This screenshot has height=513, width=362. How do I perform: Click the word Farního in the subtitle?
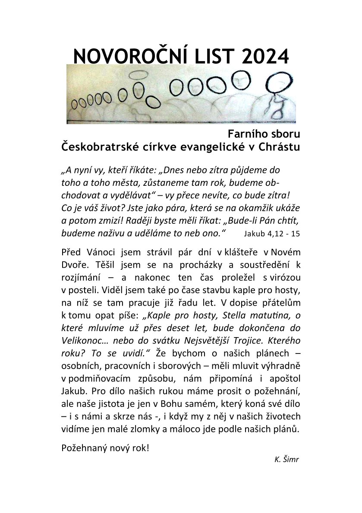tap(246, 134)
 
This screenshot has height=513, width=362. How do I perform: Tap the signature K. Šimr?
tap(286, 459)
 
